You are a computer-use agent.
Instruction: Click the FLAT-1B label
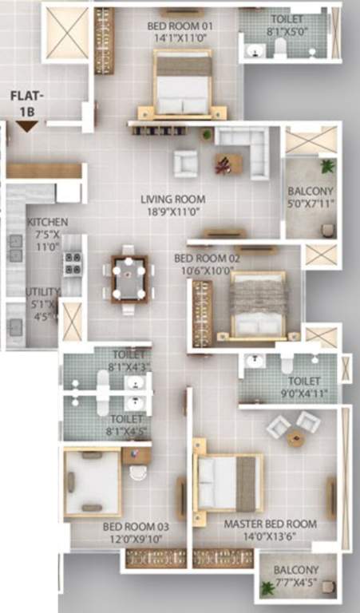26,103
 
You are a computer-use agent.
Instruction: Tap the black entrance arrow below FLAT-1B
26,126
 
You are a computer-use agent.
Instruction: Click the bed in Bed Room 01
182,84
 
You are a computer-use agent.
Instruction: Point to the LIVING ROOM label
173,200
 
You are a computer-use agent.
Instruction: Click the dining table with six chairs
129,278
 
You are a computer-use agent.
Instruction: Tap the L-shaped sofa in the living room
243,151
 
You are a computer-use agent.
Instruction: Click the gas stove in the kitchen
73,263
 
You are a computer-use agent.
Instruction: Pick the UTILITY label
42,292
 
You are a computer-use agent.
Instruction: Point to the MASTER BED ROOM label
270,524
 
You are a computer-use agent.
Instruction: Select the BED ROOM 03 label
136,527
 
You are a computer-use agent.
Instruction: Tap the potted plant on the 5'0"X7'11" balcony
326,166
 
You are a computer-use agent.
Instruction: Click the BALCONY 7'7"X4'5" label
296,576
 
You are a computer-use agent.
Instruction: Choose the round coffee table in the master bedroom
295,437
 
